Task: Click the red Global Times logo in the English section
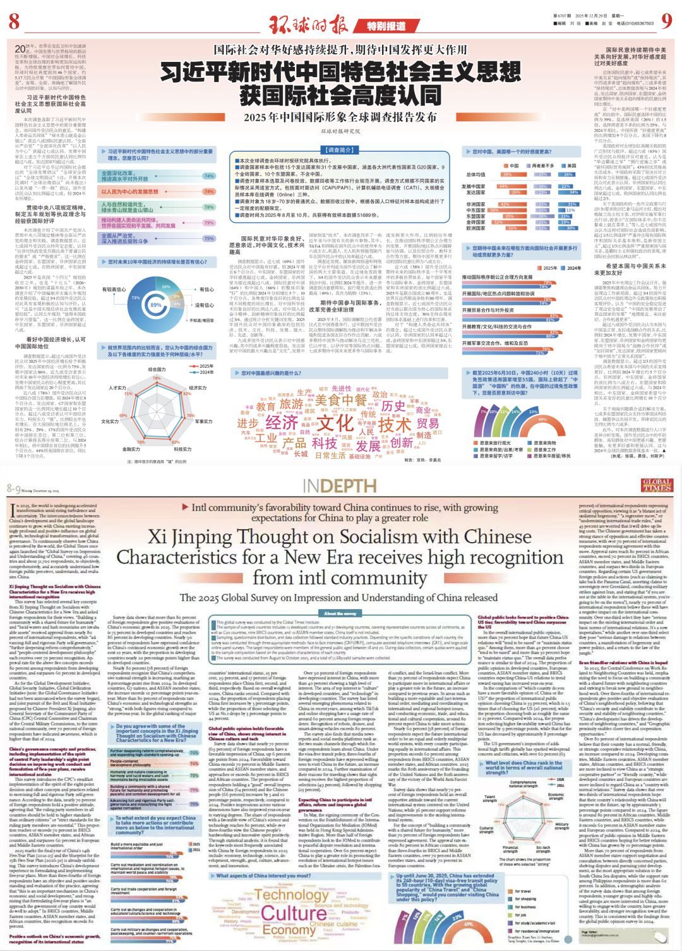coord(657,485)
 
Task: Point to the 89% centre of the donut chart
coord(155,305)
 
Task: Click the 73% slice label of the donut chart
coord(135,297)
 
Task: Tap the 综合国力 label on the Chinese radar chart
coord(157,369)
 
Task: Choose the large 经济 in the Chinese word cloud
coord(282,422)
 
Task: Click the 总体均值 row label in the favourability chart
coord(475,174)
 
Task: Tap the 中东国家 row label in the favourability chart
coord(476,210)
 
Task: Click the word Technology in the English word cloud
coord(291,895)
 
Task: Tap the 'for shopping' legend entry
coord(525,899)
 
